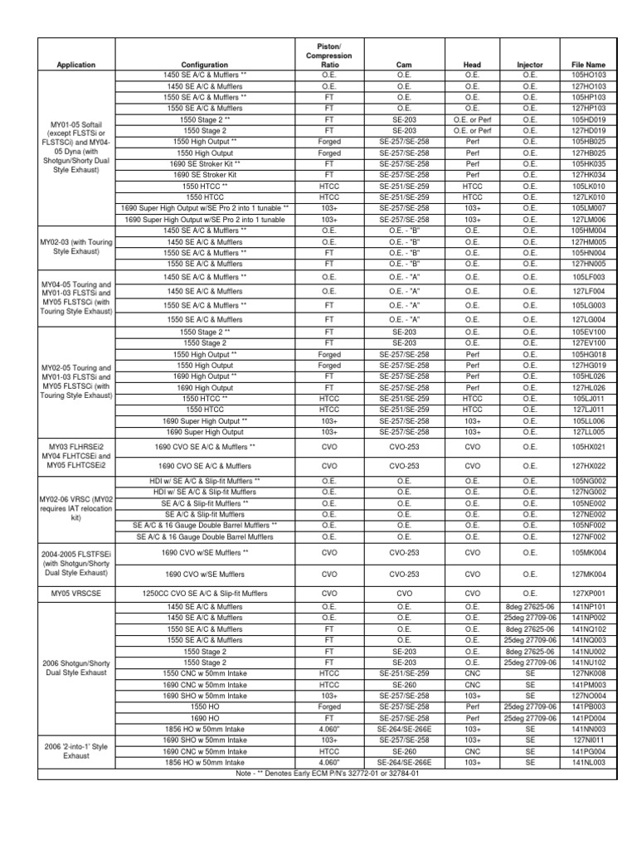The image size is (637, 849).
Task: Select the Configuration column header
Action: pyautogui.click(x=204, y=64)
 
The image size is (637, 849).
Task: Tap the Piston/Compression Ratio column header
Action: pyautogui.click(x=328, y=53)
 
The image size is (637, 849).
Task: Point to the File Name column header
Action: pyautogui.click(x=589, y=64)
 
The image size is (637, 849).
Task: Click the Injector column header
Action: pyautogui.click(x=530, y=64)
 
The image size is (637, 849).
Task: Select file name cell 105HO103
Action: pyautogui.click(x=589, y=75)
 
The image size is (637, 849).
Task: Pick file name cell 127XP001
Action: pyautogui.click(x=589, y=593)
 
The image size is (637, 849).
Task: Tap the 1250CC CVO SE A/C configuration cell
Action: pyautogui.click(x=204, y=593)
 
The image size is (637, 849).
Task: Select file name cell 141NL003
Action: pyautogui.click(x=589, y=762)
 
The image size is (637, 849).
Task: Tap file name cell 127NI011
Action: pyautogui.click(x=589, y=740)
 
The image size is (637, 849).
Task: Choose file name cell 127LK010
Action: pyautogui.click(x=589, y=197)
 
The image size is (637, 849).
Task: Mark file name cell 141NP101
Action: pyautogui.click(x=589, y=606)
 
